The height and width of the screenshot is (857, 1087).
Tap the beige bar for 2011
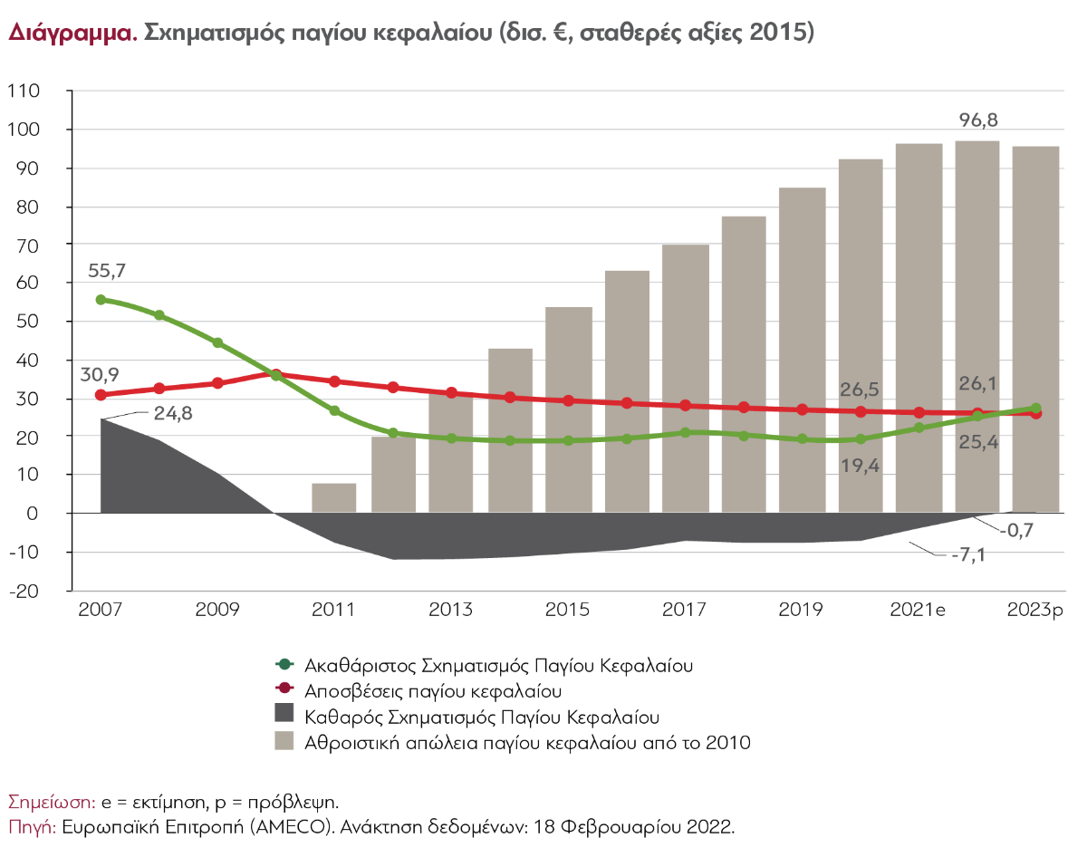[334, 497]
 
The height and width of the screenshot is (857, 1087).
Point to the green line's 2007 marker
[101, 300]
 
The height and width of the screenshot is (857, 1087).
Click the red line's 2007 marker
[101, 395]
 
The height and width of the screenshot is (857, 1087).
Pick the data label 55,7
[108, 270]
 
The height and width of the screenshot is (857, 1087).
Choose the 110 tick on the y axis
[24, 91]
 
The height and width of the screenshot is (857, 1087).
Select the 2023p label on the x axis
[1036, 610]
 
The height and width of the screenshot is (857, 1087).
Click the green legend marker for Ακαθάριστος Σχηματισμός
[285, 665]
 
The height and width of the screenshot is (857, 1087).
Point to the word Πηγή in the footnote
[31, 826]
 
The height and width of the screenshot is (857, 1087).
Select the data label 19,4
[860, 468]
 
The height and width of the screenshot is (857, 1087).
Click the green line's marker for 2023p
[1035, 409]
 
